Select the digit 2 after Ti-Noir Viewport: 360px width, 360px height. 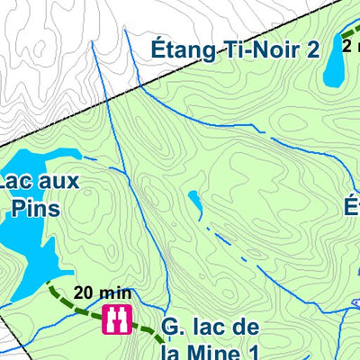click(311, 50)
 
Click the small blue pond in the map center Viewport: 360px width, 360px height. click(194, 200)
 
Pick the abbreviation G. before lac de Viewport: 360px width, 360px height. click(174, 326)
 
